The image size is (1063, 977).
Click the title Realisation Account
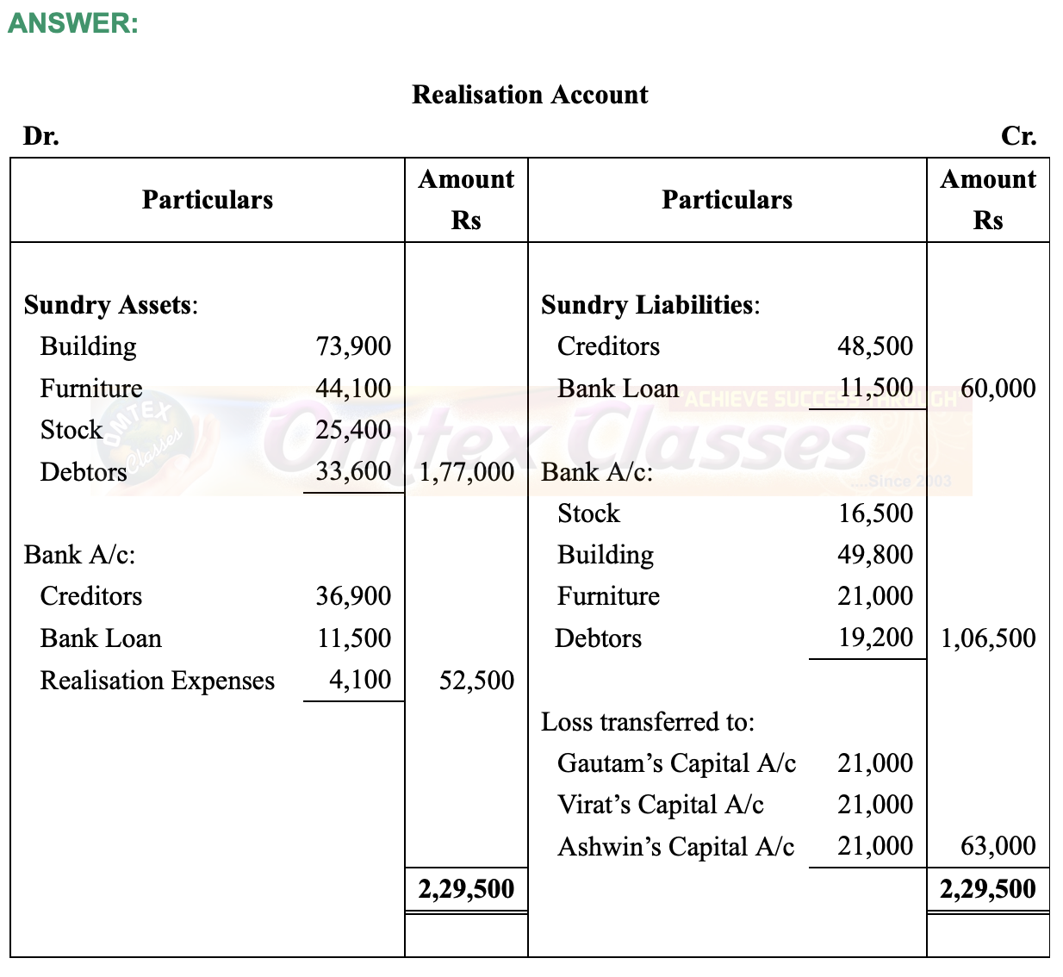530,95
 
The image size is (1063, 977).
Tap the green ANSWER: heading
73,23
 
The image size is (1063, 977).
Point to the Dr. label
41,136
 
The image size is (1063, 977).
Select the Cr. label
1018,136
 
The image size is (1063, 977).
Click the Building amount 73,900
353,346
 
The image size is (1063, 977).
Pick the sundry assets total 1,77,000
466,472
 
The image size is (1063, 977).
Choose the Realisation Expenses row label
158,681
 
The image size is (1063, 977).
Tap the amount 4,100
360,680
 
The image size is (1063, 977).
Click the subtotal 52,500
476,681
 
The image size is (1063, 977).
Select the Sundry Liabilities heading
650,305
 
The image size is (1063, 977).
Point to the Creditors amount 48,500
875,346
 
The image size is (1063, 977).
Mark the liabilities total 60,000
998,389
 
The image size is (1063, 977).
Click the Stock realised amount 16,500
875,513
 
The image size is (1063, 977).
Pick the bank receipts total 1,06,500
988,638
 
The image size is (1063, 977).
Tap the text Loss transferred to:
648,722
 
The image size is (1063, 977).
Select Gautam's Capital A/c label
676,763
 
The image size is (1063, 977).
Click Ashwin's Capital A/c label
675,847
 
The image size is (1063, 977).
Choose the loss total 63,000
998,846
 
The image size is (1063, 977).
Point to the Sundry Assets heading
111,305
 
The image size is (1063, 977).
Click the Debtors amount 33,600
353,472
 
